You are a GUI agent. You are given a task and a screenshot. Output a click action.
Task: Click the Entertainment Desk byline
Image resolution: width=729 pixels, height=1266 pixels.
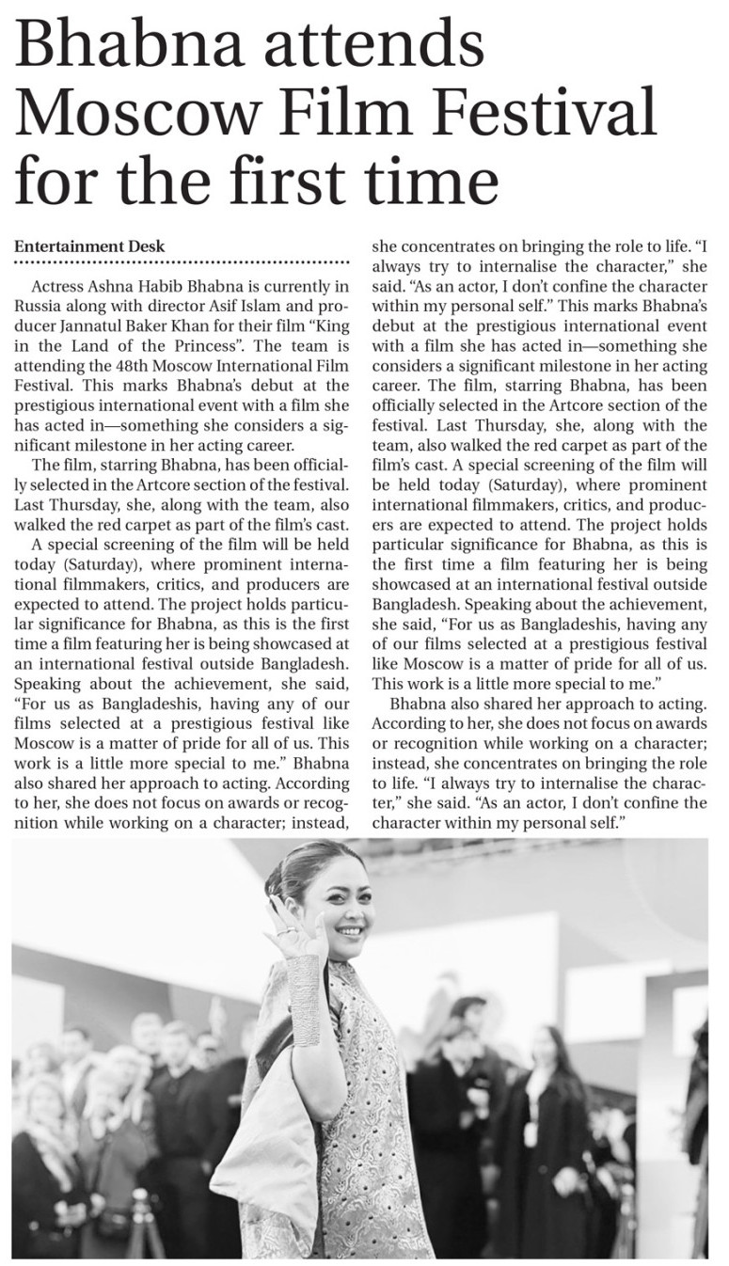tap(89, 246)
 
